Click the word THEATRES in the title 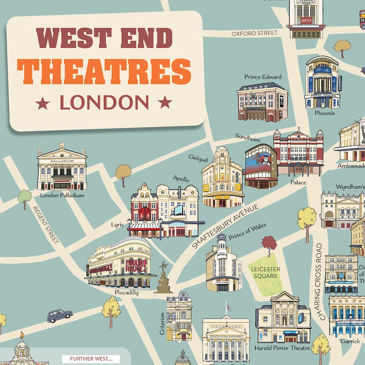pyautogui.click(x=104, y=72)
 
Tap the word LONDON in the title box pyautogui.click(x=104, y=103)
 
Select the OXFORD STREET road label pyautogui.click(x=254, y=33)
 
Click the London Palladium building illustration pyautogui.click(x=62, y=167)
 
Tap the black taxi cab pyautogui.click(x=60, y=315)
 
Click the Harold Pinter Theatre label pyautogui.click(x=282, y=348)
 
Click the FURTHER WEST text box pyautogui.click(x=90, y=359)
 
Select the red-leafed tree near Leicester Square pyautogui.click(x=269, y=243)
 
